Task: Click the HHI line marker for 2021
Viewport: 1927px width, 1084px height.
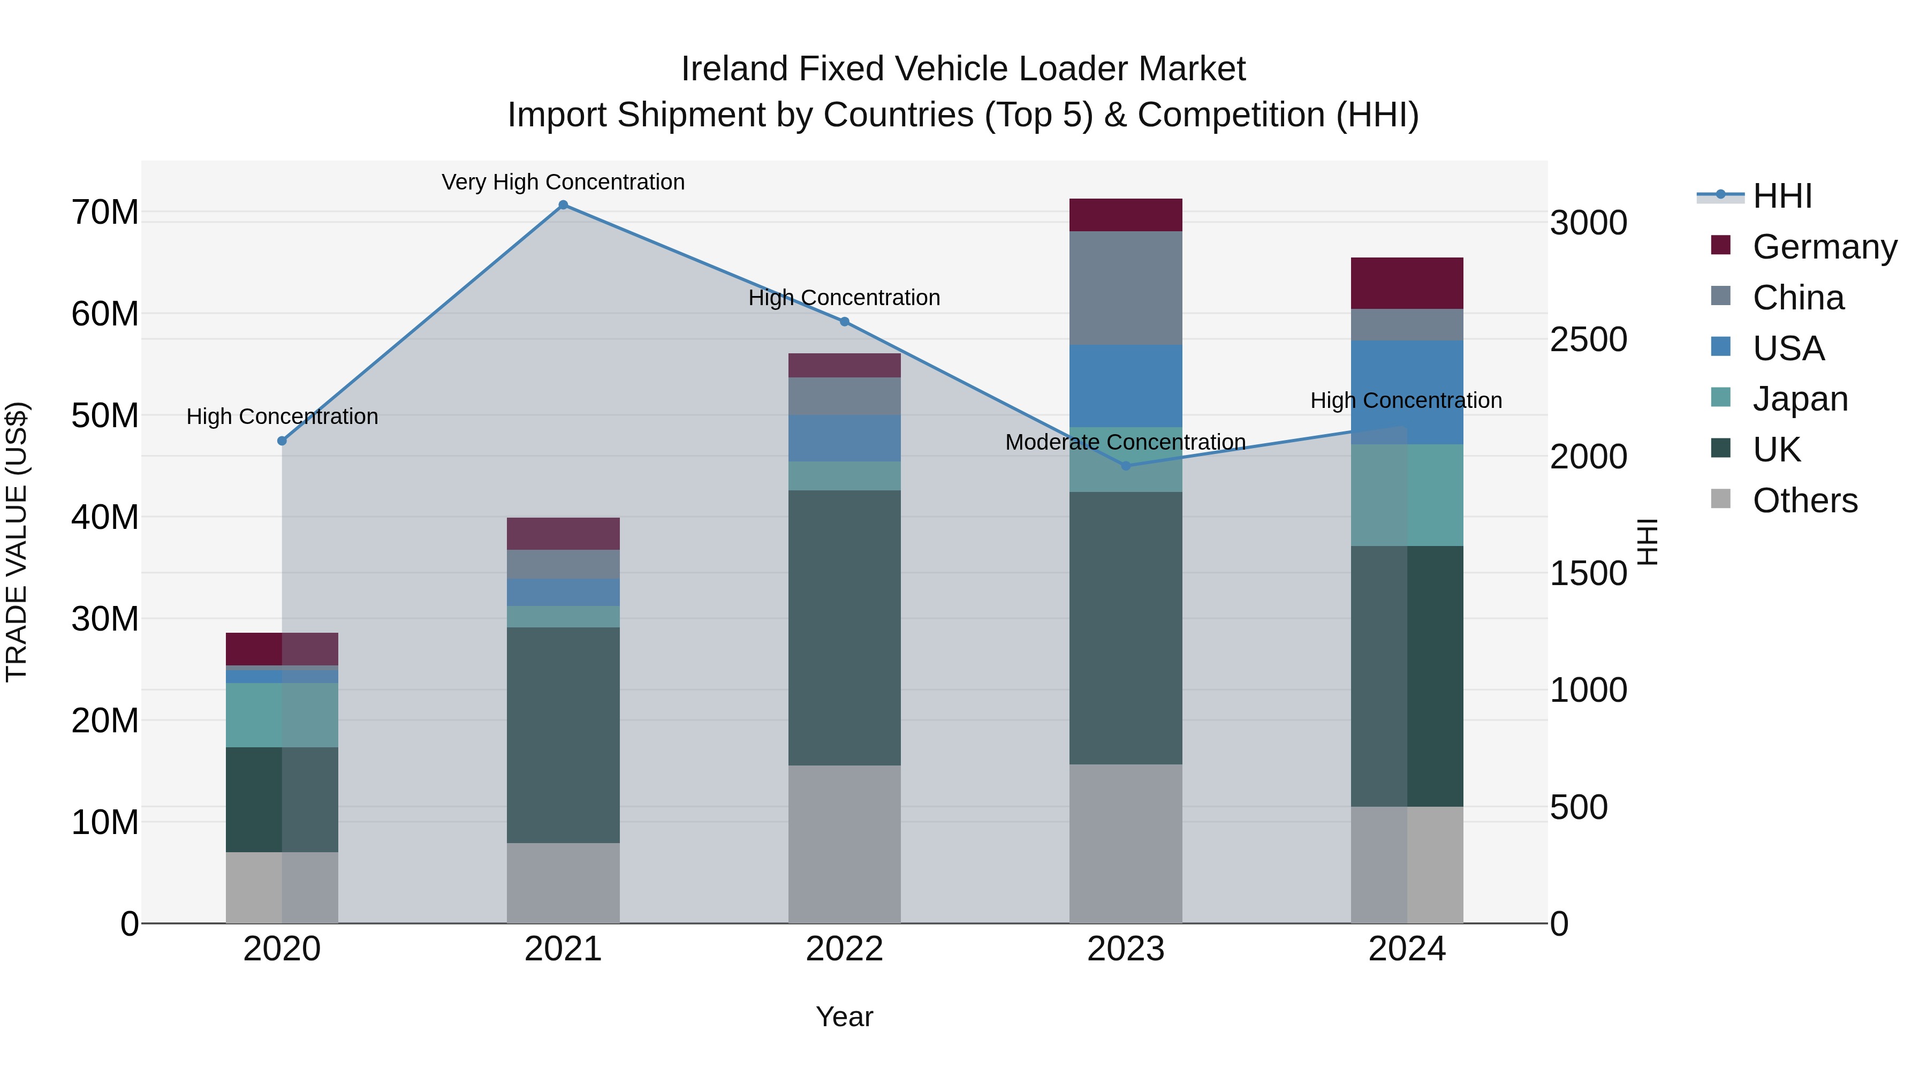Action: [563, 205]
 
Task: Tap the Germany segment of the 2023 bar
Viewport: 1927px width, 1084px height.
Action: [1126, 215]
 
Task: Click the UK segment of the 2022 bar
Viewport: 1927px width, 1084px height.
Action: [845, 628]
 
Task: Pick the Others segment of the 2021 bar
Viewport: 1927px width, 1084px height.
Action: [563, 883]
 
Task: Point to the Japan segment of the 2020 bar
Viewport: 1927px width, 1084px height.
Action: [282, 715]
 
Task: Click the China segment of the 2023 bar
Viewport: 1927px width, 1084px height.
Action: [1126, 288]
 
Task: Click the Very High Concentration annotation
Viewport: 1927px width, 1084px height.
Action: [563, 182]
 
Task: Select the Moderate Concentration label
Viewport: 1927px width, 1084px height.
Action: [1126, 442]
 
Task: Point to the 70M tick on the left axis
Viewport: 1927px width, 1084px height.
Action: [105, 213]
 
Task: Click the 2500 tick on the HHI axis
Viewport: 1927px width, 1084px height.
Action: [1588, 339]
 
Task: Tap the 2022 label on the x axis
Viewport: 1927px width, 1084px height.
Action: [845, 949]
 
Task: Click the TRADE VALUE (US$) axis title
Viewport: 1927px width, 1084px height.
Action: [17, 542]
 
